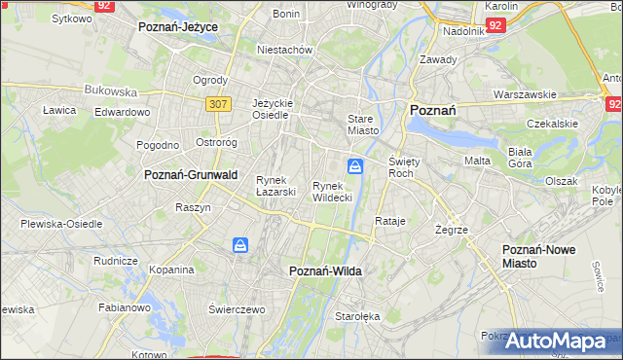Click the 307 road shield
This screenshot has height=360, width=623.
tap(216, 102)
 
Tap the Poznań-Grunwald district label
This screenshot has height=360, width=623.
tap(191, 175)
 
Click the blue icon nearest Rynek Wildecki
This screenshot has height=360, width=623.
tap(356, 167)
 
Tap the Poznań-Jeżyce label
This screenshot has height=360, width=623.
tap(178, 27)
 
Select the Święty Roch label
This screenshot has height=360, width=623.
tap(402, 166)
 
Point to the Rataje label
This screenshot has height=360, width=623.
tap(389, 221)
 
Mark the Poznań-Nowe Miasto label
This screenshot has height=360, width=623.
tap(538, 257)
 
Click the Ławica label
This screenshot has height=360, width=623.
tap(59, 111)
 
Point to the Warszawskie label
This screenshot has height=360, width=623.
tap(525, 95)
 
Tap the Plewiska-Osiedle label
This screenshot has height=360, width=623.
tap(61, 224)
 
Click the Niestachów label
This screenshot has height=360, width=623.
tap(284, 50)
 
